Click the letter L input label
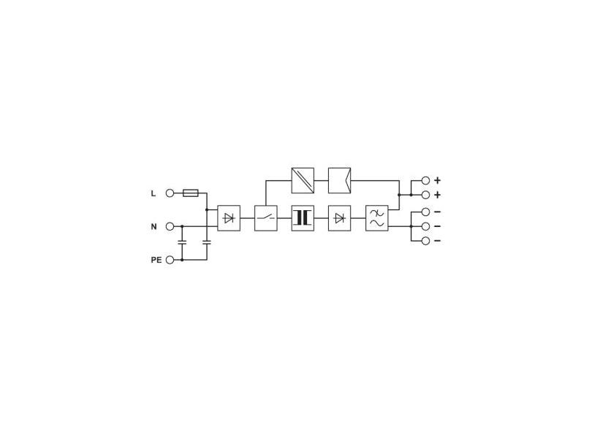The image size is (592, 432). click(x=153, y=193)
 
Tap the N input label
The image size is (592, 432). click(x=153, y=226)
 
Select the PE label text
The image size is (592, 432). click(x=156, y=260)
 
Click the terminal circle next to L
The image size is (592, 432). click(x=170, y=193)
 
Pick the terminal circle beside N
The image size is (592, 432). click(x=170, y=226)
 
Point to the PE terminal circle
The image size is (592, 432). click(x=170, y=260)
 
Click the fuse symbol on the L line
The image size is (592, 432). click(x=190, y=193)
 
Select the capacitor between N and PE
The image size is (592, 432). click(x=182, y=242)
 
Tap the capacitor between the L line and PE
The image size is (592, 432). click(x=207, y=242)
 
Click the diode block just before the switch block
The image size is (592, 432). click(x=229, y=218)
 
